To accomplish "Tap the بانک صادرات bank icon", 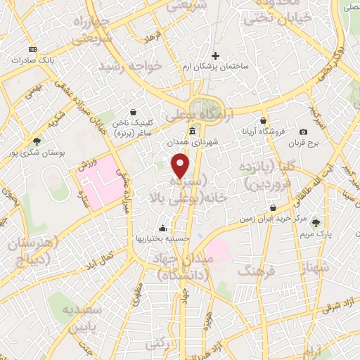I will click(32, 49).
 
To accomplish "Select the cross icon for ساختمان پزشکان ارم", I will click(216, 56).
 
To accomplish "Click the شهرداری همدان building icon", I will click(193, 131).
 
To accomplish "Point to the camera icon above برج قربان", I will click(303, 131).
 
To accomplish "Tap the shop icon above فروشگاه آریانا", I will click(264, 120).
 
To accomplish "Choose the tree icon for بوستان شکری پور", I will click(37, 141).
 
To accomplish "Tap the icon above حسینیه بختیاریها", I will click(163, 228).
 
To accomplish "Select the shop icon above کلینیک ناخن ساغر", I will click(133, 111).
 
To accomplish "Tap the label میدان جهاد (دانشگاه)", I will click(179, 268).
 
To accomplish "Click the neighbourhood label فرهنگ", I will click(255, 270).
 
